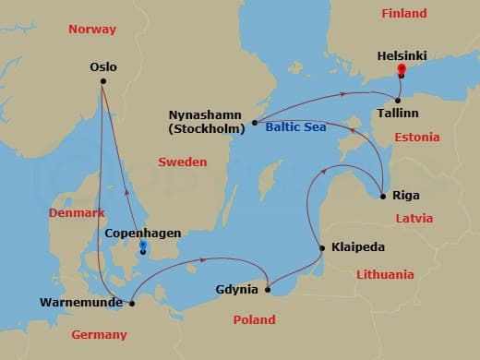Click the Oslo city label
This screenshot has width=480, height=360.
click(103, 66)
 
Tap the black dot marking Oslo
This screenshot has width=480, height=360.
click(102, 82)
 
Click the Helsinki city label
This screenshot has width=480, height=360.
click(402, 55)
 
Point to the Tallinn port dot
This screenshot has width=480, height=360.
click(398, 100)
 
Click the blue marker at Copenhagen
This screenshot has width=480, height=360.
click(142, 247)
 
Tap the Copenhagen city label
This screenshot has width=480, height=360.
click(142, 234)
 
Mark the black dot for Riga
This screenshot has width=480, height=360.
click(383, 196)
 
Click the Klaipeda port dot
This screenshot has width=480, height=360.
click(321, 247)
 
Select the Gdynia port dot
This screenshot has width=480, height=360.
click(268, 291)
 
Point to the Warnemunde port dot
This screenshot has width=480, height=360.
click(132, 302)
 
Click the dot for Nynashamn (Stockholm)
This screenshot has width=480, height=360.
click(254, 123)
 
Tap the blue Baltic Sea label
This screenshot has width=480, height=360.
click(294, 128)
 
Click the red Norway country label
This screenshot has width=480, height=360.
click(92, 30)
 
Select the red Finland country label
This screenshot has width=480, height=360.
click(404, 14)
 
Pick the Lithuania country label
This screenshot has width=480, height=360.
click(387, 274)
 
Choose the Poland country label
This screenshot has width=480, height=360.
click(254, 319)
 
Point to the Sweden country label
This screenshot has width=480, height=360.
click(182, 162)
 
